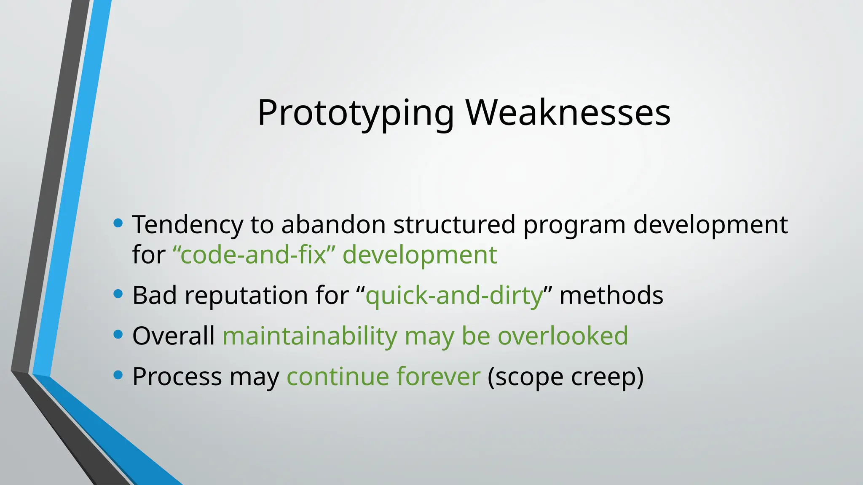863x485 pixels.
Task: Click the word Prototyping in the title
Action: (x=356, y=113)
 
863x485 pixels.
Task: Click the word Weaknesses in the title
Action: (x=568, y=113)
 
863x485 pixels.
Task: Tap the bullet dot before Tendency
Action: (x=118, y=223)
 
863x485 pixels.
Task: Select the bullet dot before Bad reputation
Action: (x=118, y=294)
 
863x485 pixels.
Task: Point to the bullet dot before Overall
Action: (x=118, y=335)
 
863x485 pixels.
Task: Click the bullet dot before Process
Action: (x=118, y=375)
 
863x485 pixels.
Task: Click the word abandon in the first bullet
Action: (x=333, y=224)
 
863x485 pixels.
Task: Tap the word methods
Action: (x=611, y=295)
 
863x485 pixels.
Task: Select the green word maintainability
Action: (x=310, y=336)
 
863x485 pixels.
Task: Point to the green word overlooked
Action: (x=563, y=336)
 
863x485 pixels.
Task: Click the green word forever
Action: (x=438, y=376)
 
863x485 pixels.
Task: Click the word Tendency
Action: (x=188, y=225)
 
